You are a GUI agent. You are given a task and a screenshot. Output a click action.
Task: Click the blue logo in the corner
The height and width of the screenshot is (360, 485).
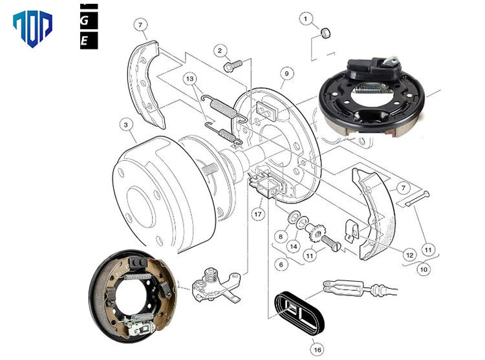[x=32, y=28]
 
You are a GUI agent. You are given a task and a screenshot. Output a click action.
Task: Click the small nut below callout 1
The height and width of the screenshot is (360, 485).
[x=327, y=32]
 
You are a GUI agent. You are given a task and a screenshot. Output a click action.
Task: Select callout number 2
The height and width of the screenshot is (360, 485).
[x=220, y=50]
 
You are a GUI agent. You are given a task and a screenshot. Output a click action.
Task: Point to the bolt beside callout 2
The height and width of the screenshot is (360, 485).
[x=232, y=65]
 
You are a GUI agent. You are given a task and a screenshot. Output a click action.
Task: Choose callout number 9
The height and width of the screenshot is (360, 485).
[x=285, y=73]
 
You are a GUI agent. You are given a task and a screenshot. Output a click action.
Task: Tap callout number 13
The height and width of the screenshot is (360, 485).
[x=189, y=78]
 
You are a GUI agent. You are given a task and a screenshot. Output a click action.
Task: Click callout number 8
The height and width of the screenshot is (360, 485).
[x=281, y=237]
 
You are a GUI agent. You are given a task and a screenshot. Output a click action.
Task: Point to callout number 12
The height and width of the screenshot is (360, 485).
[x=408, y=255]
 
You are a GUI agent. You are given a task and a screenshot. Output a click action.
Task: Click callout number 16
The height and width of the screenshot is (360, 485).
[x=316, y=349]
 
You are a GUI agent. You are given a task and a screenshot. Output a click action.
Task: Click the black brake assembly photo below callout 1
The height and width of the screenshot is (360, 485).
[x=365, y=97]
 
